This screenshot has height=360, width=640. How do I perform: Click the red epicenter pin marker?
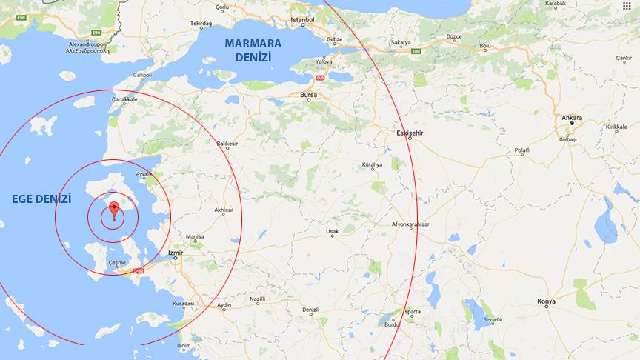coord(113,209)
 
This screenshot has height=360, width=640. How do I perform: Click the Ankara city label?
coord(571,118)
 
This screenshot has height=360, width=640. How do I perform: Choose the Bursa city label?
coord(308,96)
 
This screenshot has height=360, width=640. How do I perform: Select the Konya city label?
coord(547,301)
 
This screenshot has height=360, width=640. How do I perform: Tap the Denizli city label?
coord(310,310)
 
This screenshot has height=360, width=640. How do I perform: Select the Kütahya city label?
coord(372,165)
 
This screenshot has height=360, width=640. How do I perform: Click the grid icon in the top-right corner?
coord(627,7)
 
